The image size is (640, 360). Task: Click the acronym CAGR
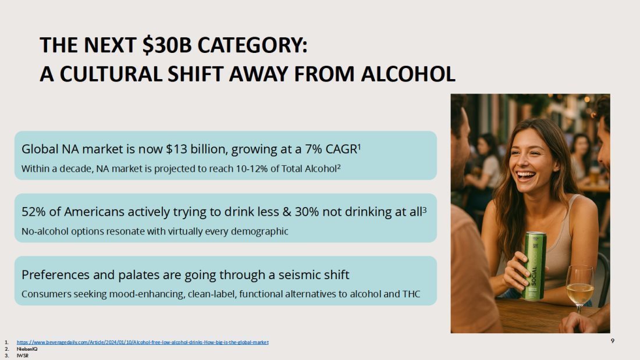[341, 149]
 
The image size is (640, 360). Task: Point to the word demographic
[259, 231]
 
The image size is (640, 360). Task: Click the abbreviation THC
[411, 294]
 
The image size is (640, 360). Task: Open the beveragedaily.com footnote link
[143, 343]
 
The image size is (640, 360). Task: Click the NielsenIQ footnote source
[27, 349]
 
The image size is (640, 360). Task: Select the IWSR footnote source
[23, 355]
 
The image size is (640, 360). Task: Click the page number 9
[612, 341]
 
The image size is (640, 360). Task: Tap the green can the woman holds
[535, 266]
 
